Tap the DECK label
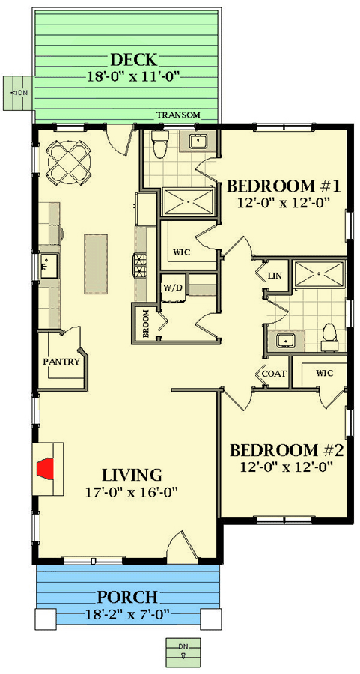pyautogui.click(x=134, y=60)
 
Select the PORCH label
pyautogui.click(x=126, y=597)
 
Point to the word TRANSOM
pyautogui.click(x=178, y=115)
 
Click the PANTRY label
pyautogui.click(x=62, y=362)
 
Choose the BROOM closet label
pyautogui.click(x=144, y=324)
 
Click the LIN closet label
pyautogui.click(x=274, y=276)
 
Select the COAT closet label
pyautogui.click(x=274, y=374)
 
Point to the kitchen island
pyautogui.click(x=95, y=264)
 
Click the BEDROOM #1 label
pyautogui.click(x=284, y=186)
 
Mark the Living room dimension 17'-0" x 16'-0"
pyautogui.click(x=132, y=491)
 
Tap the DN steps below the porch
pyautogui.click(x=183, y=649)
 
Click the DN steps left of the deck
pyautogui.click(x=18, y=92)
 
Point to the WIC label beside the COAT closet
pyautogui.click(x=325, y=373)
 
